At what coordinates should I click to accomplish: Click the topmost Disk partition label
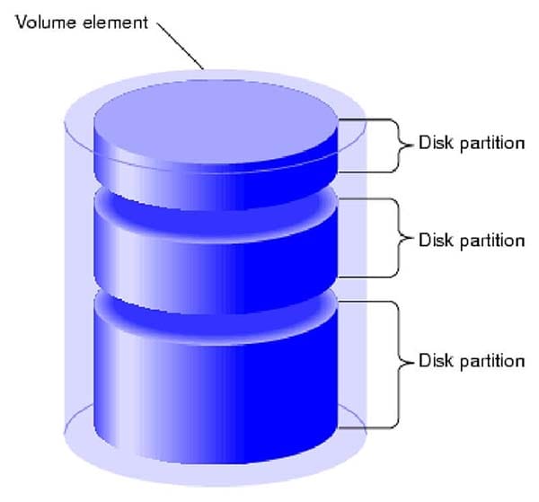pos(471,144)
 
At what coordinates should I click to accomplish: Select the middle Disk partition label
pos(471,241)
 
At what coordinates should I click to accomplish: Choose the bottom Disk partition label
pos(471,361)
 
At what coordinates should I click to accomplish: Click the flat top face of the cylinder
pos(216,126)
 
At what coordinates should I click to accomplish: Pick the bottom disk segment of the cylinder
pos(216,386)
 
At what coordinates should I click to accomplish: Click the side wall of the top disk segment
pos(216,180)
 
